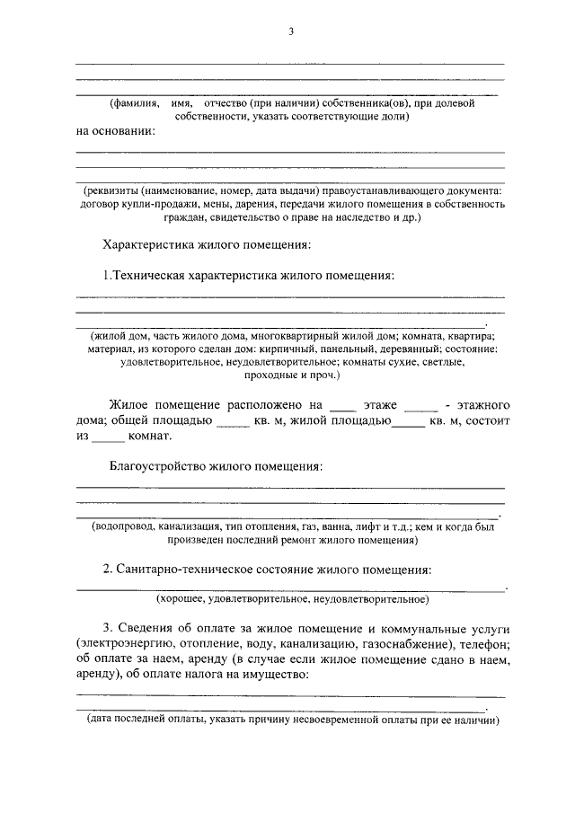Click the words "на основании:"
pos(116,131)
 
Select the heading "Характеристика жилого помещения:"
pos(208,244)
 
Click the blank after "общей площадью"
pos(232,421)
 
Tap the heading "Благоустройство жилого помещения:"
pos(215,467)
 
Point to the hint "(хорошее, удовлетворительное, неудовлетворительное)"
pos(291,597)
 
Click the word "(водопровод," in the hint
pos(128,527)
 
